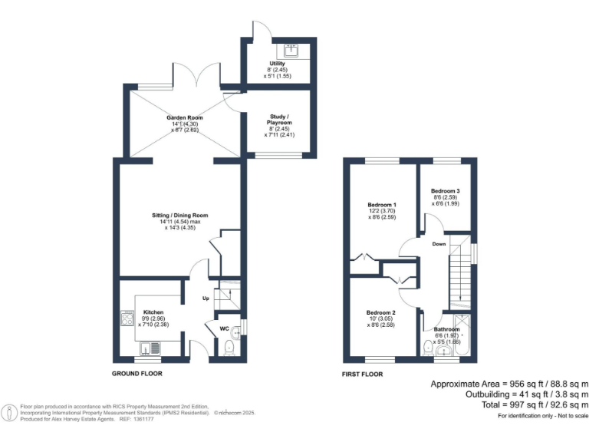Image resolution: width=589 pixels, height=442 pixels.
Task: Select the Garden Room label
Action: (185, 117)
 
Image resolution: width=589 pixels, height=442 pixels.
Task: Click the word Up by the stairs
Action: (205, 298)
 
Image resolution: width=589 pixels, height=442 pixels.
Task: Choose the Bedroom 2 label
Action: (381, 313)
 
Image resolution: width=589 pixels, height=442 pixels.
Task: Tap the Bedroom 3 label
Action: (445, 190)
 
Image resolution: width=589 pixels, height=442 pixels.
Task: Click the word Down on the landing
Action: (439, 245)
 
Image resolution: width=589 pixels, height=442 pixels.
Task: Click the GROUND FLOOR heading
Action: (137, 374)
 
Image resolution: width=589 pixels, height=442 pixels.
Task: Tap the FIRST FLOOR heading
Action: (362, 374)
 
